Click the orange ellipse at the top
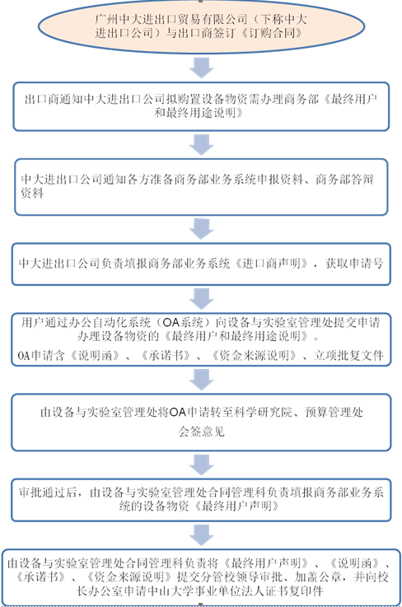coord(201,26)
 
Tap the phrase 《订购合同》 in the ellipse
coord(272,33)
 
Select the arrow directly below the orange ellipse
coord(201,68)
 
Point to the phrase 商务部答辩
coord(344,180)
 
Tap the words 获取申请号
coord(354,264)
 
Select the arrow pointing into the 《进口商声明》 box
coord(201,229)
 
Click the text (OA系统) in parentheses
coord(183,322)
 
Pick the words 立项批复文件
coord(348,355)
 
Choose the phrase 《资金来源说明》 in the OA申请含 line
coord(255,355)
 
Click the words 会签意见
coord(201,432)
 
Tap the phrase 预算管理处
coord(334,413)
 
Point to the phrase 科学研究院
coord(263,413)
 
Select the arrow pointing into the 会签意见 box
coord(201,380)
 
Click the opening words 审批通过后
coord(48,493)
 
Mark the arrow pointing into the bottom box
coord(201,535)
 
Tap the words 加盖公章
coord(318,577)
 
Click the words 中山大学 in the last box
coord(181,591)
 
